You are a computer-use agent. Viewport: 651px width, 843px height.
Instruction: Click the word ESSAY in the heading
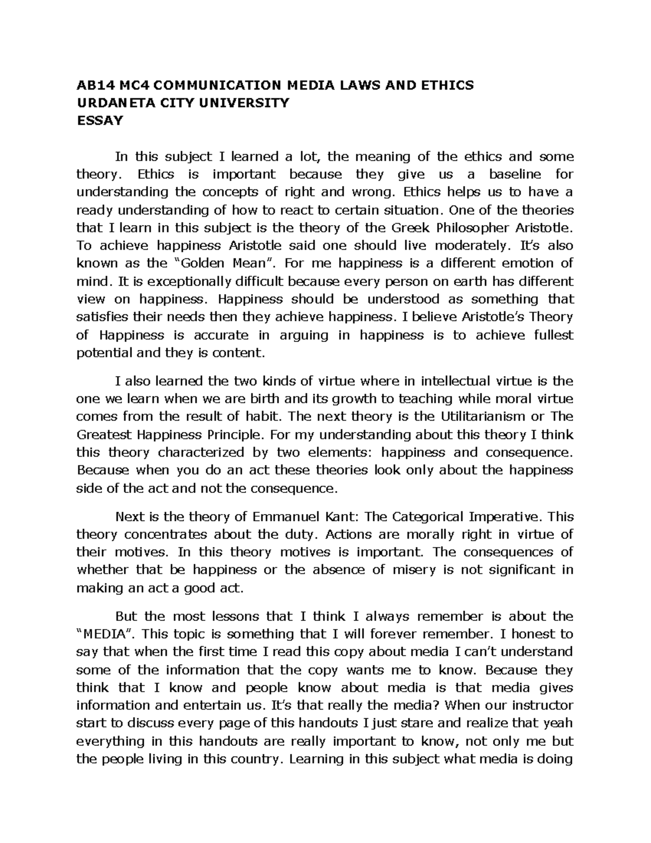click(x=100, y=121)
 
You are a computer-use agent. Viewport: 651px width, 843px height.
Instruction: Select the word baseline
click(x=515, y=174)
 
